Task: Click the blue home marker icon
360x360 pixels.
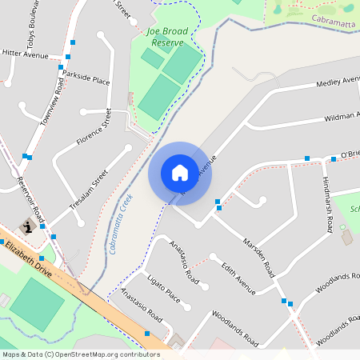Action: point(180,172)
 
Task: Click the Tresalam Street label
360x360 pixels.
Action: point(89,189)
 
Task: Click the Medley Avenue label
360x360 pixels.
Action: point(339,82)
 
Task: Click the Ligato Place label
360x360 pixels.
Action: point(164,286)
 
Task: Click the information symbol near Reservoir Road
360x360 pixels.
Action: point(29,227)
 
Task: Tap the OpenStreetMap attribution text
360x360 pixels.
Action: point(81,354)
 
